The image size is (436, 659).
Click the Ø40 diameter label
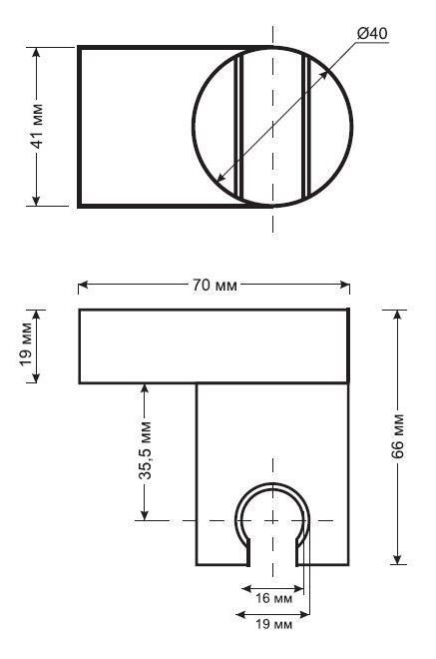(370, 33)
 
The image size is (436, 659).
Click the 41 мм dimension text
(37, 126)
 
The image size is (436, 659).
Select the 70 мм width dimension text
(214, 286)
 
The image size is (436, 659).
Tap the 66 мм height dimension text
(397, 436)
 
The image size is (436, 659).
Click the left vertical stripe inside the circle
(239, 126)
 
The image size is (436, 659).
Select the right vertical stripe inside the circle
(304, 126)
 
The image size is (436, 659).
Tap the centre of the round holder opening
(272, 519)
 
